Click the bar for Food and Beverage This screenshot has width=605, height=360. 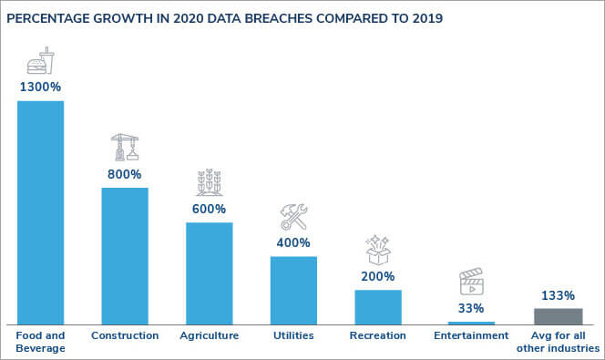point(40,212)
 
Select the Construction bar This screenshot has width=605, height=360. point(124,256)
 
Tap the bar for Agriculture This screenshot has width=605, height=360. point(209,273)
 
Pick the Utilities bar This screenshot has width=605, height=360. point(293,290)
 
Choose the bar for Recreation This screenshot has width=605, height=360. point(377,307)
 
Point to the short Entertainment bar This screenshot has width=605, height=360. point(471,323)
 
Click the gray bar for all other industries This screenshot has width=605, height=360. point(558,316)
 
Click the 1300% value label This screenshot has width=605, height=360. point(40,87)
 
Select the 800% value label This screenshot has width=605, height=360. point(124,174)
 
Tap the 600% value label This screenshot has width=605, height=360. point(209,209)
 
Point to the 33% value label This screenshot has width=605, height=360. point(471,308)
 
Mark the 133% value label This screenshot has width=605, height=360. point(558,295)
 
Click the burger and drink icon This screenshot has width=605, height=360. point(41,62)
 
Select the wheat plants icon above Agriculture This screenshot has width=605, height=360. point(209,182)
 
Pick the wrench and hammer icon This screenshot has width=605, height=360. point(293,217)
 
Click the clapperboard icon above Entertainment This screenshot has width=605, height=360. point(471,282)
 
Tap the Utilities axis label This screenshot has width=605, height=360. point(293,336)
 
